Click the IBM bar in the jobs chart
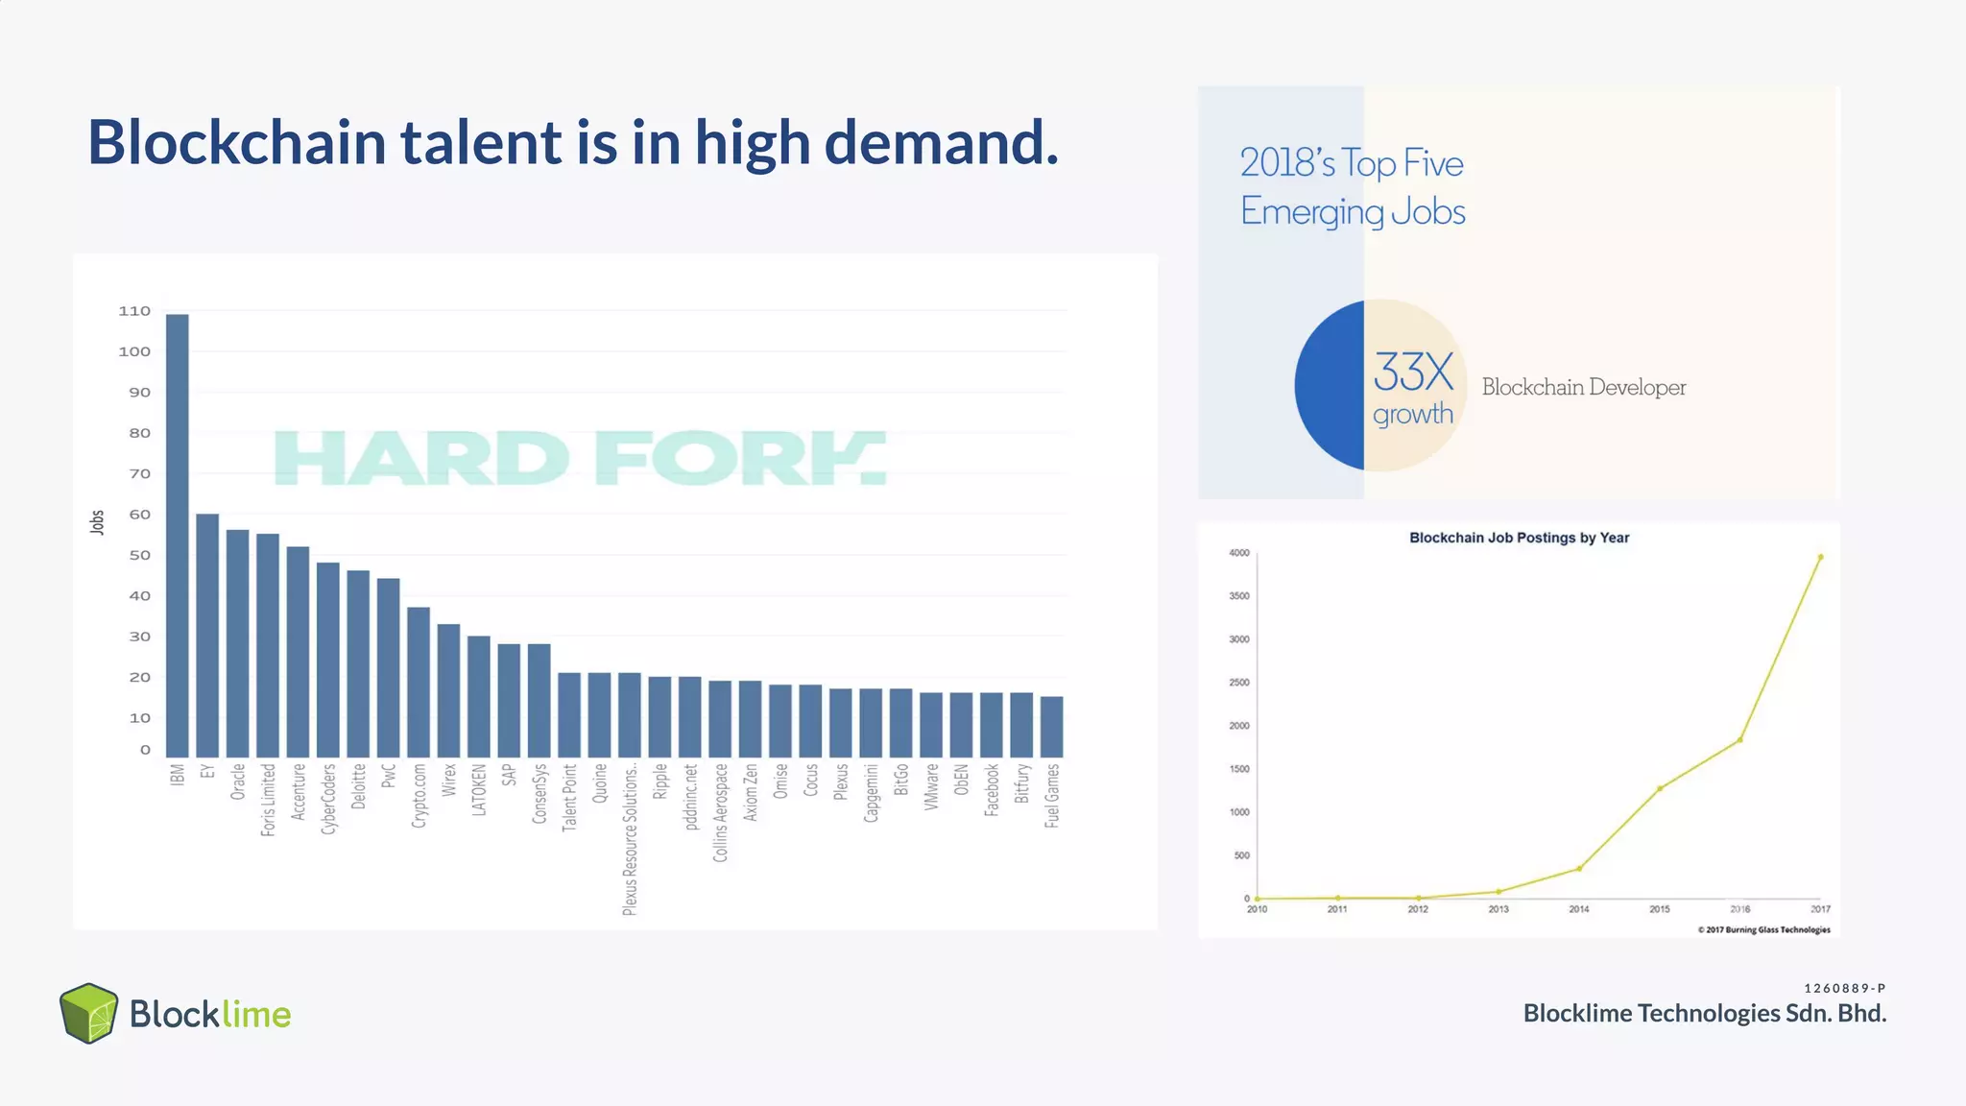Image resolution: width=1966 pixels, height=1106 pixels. (178, 536)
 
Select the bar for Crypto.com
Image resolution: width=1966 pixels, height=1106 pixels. (419, 683)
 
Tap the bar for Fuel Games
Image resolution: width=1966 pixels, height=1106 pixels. (1052, 727)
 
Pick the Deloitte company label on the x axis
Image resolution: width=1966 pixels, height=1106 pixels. (359, 786)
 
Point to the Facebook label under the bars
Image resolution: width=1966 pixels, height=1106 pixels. (992, 790)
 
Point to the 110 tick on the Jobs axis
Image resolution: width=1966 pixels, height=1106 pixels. (134, 311)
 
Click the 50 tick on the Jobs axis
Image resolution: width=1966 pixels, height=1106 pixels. (139, 555)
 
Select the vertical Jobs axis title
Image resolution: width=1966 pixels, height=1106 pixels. (97, 522)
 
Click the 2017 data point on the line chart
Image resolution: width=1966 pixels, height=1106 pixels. (1820, 557)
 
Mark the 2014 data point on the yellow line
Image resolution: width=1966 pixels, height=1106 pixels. (1579, 869)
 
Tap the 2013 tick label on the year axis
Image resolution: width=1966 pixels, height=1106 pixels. (1498, 909)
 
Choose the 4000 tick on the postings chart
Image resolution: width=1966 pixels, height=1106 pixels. (1239, 553)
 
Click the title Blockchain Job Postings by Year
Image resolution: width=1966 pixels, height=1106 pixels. (1519, 538)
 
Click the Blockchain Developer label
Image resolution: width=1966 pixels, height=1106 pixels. (1583, 387)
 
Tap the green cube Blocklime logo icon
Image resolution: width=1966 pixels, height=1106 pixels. (88, 1013)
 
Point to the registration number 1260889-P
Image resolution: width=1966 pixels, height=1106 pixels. (1844, 988)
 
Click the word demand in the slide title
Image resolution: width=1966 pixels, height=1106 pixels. (941, 142)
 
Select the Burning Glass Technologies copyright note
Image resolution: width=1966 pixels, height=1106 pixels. (1763, 929)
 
